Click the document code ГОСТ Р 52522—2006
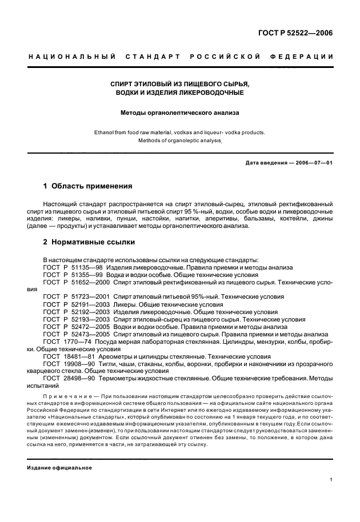[296, 33]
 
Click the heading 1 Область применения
[88, 186]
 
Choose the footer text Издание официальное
[59, 468]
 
